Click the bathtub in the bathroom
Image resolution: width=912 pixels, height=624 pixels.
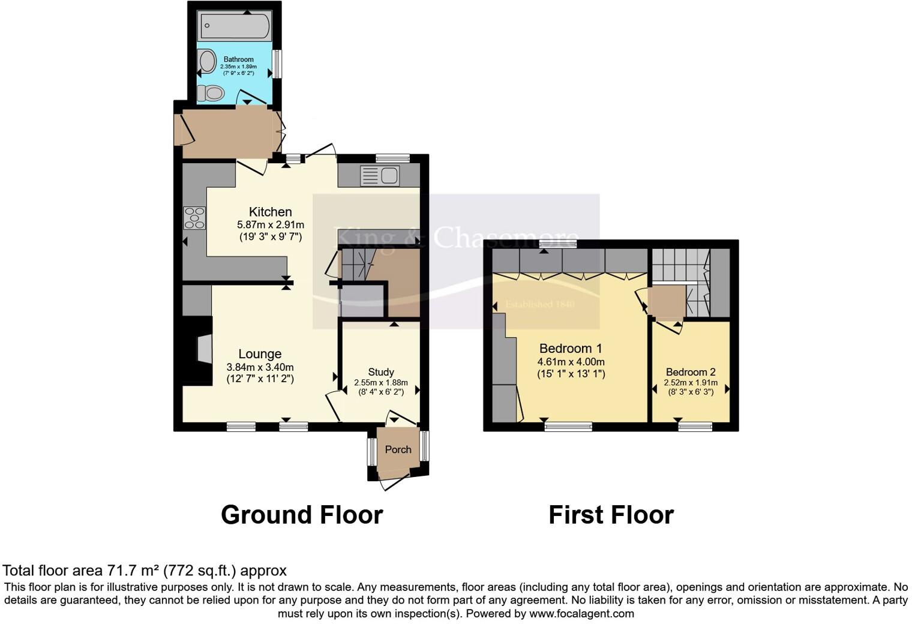(235, 26)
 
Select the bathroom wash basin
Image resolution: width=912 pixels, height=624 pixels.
(207, 61)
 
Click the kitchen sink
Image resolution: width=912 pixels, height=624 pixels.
(380, 176)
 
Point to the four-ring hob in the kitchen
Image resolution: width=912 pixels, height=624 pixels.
(195, 217)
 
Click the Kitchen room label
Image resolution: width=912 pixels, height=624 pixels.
(270, 212)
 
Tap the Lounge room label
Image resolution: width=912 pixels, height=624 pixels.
(260, 354)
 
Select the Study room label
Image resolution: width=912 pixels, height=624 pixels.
(381, 372)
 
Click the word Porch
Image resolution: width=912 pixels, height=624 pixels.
(398, 449)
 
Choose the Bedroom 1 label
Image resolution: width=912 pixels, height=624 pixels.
(571, 349)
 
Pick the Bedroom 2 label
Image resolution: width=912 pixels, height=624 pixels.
(691, 372)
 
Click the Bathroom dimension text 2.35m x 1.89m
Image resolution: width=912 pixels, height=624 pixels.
(238, 67)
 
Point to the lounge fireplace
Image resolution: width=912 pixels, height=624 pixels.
(203, 349)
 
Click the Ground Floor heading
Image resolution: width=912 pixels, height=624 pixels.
(302, 515)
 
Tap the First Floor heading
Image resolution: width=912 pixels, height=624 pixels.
(611, 515)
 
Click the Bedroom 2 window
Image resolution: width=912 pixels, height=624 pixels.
(695, 427)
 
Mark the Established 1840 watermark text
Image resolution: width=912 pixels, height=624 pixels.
(540, 304)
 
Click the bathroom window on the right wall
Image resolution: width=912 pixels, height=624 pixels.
(277, 64)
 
